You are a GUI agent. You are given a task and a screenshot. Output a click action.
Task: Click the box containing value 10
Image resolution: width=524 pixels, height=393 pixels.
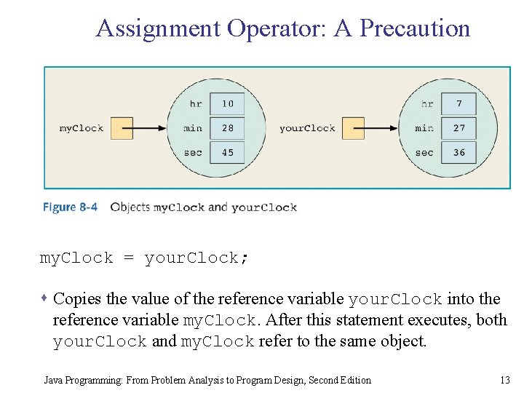228,103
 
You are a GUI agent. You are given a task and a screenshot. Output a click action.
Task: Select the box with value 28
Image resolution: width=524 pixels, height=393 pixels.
228,128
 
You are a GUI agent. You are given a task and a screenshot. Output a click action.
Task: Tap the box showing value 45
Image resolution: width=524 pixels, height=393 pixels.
228,153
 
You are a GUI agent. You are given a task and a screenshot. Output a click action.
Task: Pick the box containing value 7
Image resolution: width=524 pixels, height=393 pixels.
458,103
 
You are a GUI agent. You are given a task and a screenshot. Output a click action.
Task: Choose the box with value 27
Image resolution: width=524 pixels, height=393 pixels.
458,128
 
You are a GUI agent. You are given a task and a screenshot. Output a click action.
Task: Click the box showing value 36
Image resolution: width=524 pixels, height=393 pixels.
458,153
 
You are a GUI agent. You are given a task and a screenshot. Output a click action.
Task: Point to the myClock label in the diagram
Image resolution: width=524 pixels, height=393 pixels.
82,129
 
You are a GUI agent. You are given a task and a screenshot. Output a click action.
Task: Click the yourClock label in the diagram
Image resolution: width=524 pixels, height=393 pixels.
307,129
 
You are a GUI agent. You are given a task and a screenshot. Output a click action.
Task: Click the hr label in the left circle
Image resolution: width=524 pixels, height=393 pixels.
196,104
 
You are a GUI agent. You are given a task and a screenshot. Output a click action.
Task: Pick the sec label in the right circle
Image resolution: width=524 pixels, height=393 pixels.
424,153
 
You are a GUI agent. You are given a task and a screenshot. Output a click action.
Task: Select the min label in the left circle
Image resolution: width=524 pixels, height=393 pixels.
193,129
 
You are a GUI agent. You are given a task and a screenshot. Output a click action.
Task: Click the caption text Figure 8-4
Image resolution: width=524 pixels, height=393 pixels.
70,207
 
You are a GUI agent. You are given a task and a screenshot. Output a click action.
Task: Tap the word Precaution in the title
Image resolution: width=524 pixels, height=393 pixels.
415,28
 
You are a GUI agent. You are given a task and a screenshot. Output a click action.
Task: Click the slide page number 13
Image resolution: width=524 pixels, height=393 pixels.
505,380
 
